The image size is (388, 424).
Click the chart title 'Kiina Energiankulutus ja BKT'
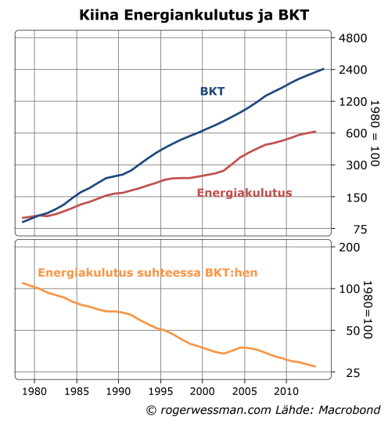tap(193, 15)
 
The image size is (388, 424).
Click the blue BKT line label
tap(212, 92)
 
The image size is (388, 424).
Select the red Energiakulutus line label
tap(244, 193)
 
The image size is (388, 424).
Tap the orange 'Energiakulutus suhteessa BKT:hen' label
tap(148, 273)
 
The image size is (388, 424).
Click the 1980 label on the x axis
tap(34, 390)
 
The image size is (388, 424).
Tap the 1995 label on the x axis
tap(160, 390)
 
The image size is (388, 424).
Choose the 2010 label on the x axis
tap(286, 390)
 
